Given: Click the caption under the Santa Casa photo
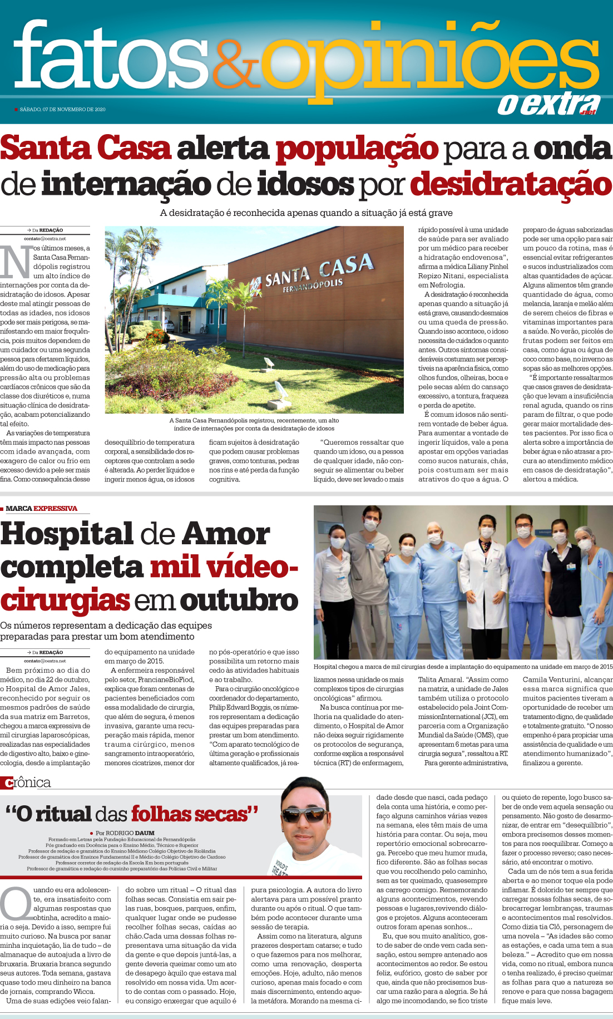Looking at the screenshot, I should pos(254,424).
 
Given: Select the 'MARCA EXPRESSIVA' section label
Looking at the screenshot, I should pos(41,508).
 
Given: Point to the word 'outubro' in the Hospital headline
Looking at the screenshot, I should pos(239,600).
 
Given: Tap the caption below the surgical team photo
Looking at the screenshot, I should pos(463,666).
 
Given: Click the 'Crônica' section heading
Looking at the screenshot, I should pos(26,782).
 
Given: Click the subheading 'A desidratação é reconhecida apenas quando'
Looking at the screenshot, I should pos(306,213).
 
